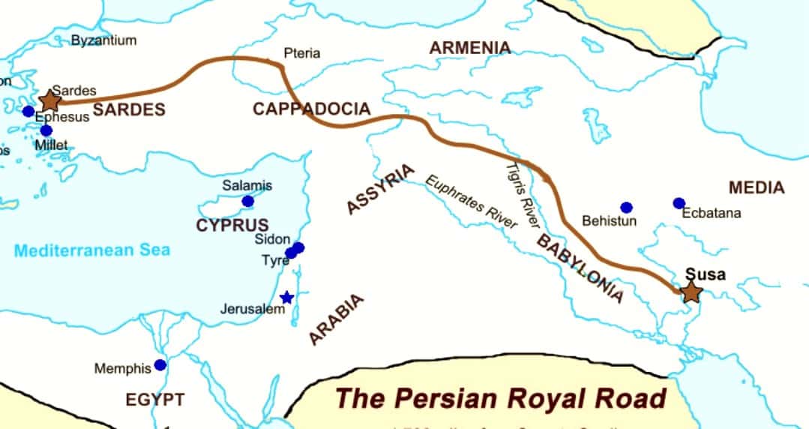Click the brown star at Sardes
pos(49,100)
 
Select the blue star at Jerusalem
pos(286,298)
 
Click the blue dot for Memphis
pos(160,365)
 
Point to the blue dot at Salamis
pos(248,201)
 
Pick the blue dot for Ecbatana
pos(679,203)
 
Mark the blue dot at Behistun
pos(626,207)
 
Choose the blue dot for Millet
pos(46,130)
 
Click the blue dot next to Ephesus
pos(28,111)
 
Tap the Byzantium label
pos(103,40)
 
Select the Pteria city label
pos(301,53)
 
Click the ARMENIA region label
pos(469,48)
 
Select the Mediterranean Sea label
pos(92,250)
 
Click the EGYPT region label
pos(154,400)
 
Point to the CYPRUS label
pos(232,224)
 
